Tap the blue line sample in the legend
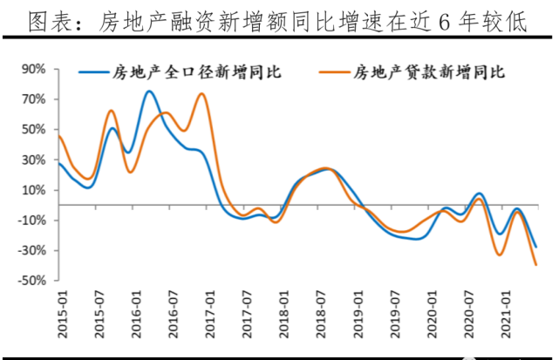92,71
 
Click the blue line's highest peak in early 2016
149,92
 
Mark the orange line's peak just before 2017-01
201,93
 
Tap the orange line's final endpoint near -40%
535,265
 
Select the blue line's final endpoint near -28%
535,247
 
